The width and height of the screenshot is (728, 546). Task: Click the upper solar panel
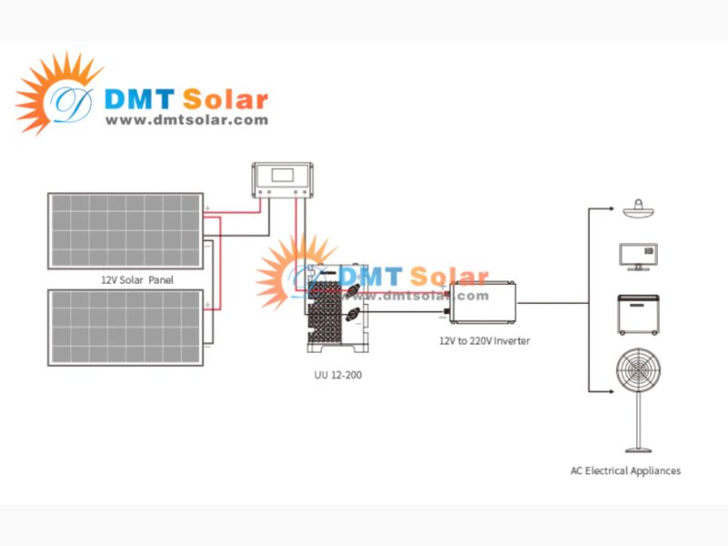pyautogui.click(x=126, y=230)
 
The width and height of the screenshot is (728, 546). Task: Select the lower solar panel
pyautogui.click(x=126, y=327)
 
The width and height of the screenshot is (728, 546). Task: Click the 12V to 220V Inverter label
pyautogui.click(x=484, y=340)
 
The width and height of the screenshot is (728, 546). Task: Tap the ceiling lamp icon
pyautogui.click(x=638, y=209)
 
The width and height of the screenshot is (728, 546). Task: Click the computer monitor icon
pyautogui.click(x=638, y=256)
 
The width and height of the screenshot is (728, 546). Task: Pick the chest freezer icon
pyautogui.click(x=638, y=314)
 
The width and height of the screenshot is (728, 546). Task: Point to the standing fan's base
pyautogui.click(x=638, y=448)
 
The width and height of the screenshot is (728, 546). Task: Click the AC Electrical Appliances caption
pyautogui.click(x=625, y=470)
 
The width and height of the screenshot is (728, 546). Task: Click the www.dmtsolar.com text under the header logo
pyautogui.click(x=187, y=120)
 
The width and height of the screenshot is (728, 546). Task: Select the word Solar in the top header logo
pyautogui.click(x=225, y=98)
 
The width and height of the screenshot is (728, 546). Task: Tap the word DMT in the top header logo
pyautogui.click(x=140, y=98)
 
